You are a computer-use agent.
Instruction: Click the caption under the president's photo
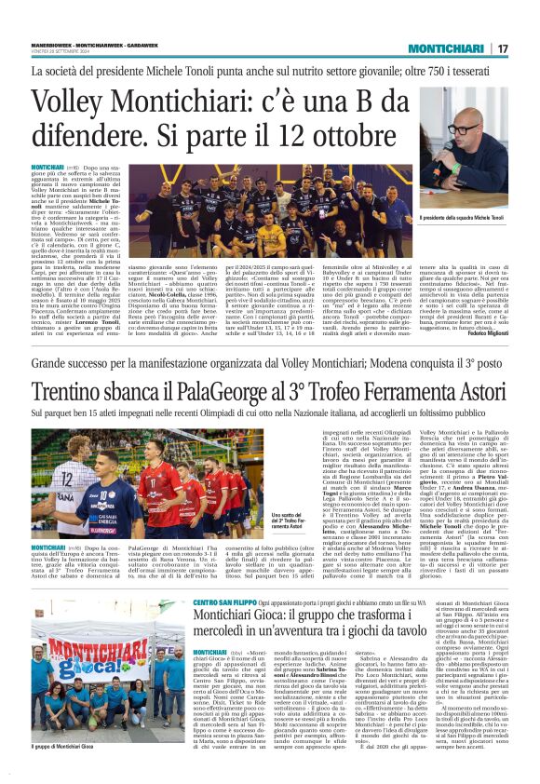[470, 215]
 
